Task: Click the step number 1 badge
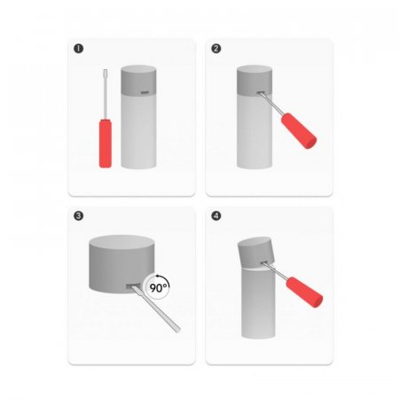point(78,49)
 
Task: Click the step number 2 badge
point(216,49)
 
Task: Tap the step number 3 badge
point(78,215)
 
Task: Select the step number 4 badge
point(216,215)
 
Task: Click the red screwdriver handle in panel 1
point(106,144)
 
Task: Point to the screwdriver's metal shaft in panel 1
point(105,94)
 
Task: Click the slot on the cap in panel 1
point(145,93)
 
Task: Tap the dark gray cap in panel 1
point(138,81)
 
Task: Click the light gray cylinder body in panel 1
point(138,131)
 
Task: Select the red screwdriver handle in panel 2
point(299,130)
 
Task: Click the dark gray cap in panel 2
point(254,81)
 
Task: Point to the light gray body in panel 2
point(254,132)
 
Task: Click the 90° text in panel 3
point(159,287)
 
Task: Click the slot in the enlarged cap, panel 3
point(133,286)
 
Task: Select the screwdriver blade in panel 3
point(156,309)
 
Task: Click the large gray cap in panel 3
point(121,264)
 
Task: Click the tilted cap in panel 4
point(256,253)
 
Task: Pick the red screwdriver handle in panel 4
point(304,292)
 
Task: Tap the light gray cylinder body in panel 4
point(258,303)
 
